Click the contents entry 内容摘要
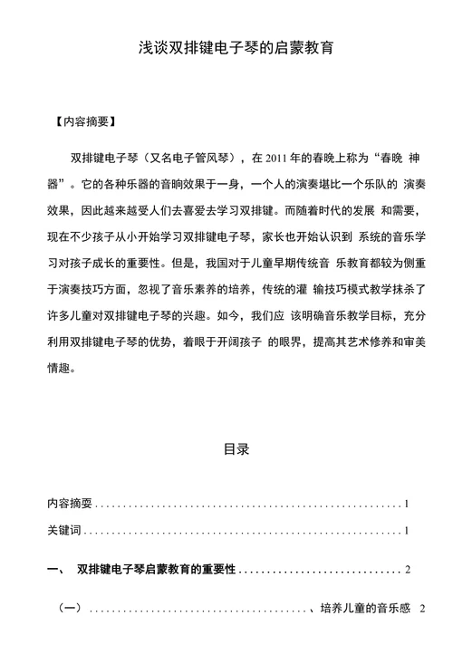70,502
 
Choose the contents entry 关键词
63,530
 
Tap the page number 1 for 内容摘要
409,502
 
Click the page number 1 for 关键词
409,530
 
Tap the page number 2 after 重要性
409,569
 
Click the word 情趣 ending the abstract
58,369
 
